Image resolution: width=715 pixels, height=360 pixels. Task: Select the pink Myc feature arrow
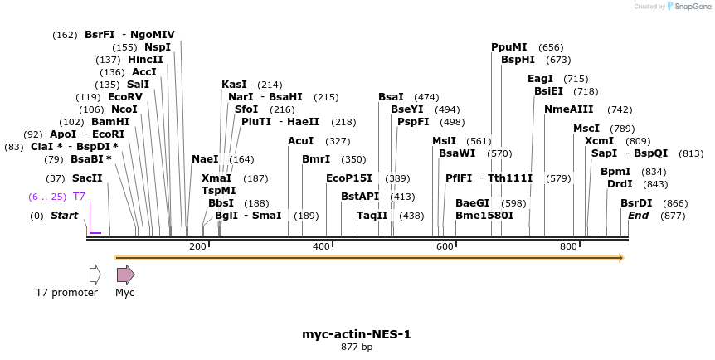[125, 275]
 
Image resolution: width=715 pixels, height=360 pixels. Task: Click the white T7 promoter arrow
[95, 275]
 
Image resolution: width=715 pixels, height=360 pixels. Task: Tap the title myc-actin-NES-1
[357, 334]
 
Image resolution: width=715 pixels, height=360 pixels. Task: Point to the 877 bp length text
[357, 347]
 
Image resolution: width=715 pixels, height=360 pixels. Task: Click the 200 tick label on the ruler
[197, 246]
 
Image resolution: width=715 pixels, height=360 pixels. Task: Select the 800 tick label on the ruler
[568, 246]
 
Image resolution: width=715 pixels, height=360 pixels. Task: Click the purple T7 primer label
[79, 197]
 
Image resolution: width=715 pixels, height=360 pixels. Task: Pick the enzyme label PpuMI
[508, 47]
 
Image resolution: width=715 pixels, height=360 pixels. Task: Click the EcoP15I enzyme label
[349, 178]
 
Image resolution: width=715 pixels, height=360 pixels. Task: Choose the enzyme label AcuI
[300, 141]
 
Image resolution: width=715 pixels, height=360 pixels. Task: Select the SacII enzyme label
[87, 178]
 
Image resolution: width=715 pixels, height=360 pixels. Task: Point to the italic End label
[638, 216]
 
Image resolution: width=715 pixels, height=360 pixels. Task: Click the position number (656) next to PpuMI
[551, 47]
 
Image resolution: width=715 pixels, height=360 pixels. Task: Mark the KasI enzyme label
[234, 85]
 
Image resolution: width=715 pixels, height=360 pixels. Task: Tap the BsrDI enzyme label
[636, 203]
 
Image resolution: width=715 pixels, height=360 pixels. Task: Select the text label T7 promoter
[66, 293]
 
